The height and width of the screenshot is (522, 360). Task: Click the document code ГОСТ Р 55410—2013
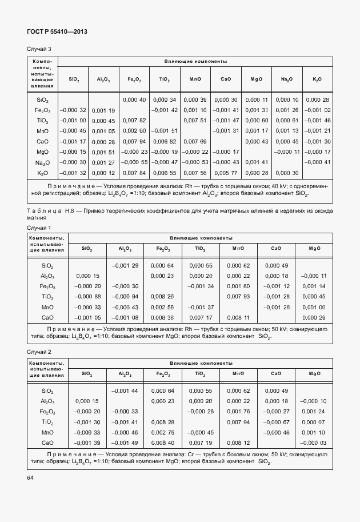57,32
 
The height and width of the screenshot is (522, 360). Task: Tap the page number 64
31,476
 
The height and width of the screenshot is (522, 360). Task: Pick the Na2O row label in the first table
42,162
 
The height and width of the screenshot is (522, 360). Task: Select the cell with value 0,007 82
135,120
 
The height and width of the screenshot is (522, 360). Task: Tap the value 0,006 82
165,141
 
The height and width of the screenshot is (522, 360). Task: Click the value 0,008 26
163,296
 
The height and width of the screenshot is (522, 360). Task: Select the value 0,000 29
314,317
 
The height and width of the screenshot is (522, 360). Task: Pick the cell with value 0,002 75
163,432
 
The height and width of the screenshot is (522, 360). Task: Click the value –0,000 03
313,443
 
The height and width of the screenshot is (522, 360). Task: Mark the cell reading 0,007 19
201,443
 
